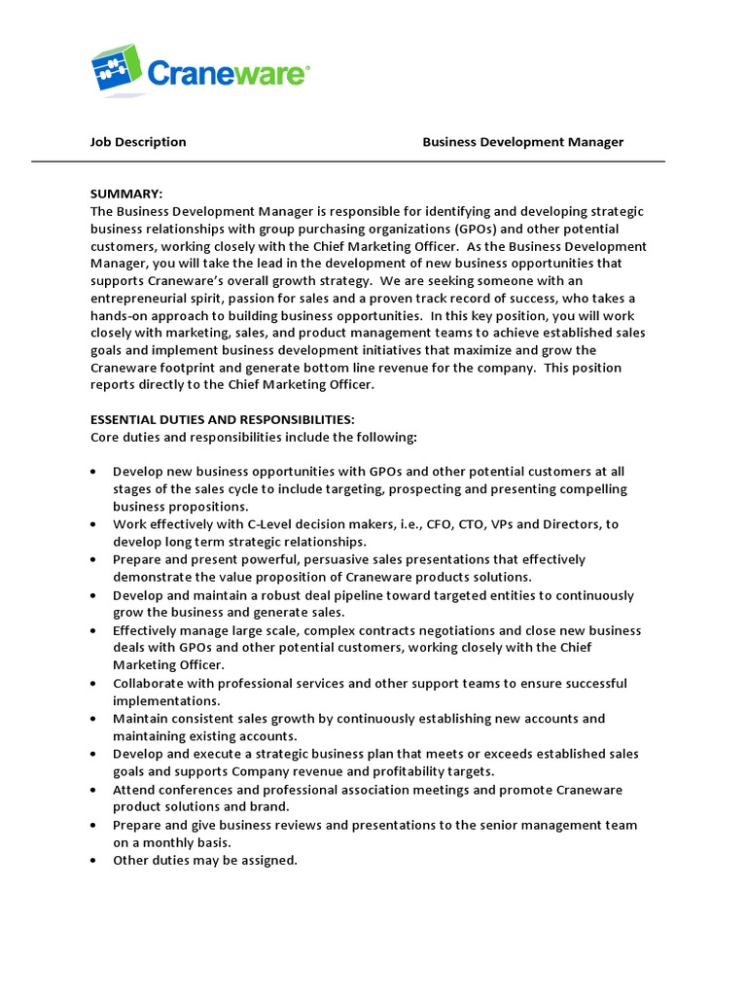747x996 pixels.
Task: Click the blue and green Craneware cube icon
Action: coord(116,71)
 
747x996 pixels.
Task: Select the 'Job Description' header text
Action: coord(138,142)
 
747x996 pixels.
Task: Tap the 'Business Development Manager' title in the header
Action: coord(522,142)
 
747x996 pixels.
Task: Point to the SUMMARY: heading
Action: coord(126,194)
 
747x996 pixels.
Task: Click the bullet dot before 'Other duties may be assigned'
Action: coord(92,861)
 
